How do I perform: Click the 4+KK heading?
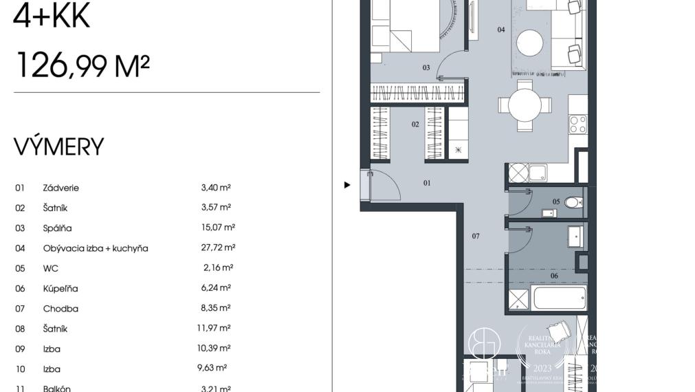52,17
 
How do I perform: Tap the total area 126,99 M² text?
82,66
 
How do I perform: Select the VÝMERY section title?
59,146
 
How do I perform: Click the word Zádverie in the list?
61,188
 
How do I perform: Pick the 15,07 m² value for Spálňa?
215,228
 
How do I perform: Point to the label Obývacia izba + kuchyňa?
96,248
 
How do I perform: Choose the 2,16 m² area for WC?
218,268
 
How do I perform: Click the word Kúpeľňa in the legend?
60,289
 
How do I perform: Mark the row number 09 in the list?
20,349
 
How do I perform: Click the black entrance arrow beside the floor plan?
347,184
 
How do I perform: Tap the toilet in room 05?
573,203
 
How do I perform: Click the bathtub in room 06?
560,299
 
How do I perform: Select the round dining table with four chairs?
525,105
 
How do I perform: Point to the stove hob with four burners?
578,124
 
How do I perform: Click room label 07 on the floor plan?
475,237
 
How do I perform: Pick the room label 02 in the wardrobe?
415,124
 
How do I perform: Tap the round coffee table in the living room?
530,43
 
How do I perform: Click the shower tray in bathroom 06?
519,299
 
